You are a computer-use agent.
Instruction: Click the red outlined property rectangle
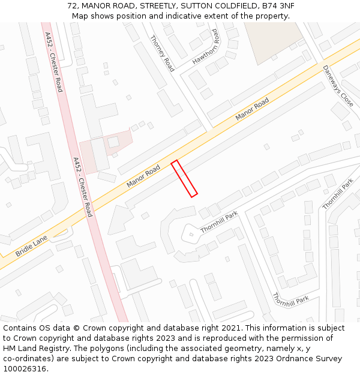click(184, 178)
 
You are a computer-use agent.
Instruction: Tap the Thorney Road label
click(162, 53)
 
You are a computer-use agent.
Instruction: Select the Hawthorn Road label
click(206, 47)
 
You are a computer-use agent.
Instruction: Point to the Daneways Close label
click(338, 86)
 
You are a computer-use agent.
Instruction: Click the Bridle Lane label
click(31, 246)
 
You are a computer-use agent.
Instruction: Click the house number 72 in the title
click(73, 6)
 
